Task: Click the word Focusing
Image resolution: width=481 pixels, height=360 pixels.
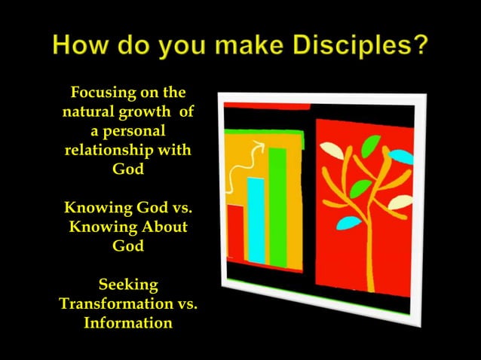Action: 104,93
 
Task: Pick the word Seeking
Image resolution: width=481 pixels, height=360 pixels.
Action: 128,285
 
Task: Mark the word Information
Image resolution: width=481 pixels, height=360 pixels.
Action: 128,324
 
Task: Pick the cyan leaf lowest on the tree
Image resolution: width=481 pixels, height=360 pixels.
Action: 348,222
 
